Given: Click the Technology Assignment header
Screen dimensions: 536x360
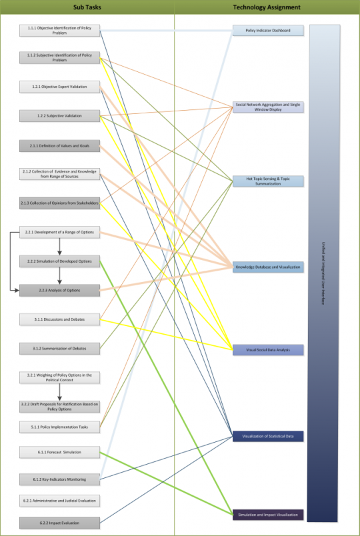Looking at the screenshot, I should tap(267, 7).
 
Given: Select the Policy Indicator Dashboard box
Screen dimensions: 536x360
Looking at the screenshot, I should tap(268, 30).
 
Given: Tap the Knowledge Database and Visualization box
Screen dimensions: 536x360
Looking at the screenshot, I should tap(268, 267).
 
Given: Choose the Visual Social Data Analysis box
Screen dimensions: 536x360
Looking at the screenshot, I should tap(268, 349).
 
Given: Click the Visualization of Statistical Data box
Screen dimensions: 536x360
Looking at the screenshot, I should tap(268, 436).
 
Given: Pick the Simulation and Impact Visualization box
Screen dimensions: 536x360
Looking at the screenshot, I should tap(268, 515).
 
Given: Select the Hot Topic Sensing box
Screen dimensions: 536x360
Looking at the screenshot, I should tap(268, 181).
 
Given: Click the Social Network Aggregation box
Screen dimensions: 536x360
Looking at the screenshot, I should tap(268, 107).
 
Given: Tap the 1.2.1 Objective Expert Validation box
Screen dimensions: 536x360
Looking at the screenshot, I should tap(59, 87).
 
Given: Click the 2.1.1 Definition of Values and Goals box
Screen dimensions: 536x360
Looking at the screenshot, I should tap(59, 145).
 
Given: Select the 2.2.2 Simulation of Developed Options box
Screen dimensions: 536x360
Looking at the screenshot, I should tap(59, 261).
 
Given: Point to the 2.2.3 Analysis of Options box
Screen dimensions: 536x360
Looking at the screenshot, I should tap(59, 290).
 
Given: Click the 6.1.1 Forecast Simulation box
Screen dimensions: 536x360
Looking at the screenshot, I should tap(59, 452).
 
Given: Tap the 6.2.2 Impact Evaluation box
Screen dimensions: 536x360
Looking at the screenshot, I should tap(59, 522).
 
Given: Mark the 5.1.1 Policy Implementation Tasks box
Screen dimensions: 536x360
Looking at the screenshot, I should tap(59, 426).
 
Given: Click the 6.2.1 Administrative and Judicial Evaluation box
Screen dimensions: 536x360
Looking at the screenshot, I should tap(59, 499).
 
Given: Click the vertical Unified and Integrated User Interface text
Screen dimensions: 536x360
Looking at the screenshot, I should tap(323, 273).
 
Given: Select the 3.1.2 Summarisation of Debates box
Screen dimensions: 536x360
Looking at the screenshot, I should tap(59, 347).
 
